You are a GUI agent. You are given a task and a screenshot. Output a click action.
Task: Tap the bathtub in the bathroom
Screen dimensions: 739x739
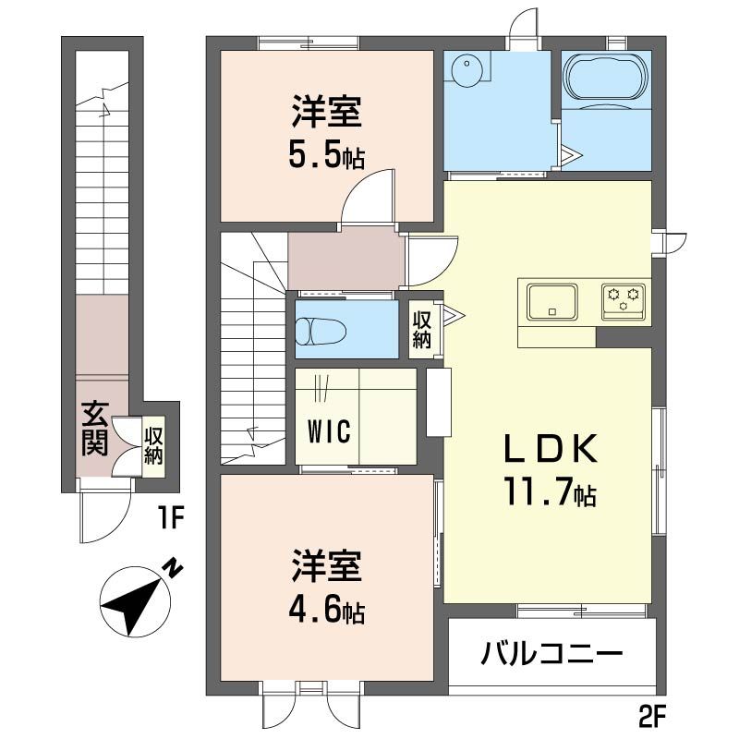click(606, 77)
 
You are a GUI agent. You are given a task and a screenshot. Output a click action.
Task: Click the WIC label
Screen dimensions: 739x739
click(328, 432)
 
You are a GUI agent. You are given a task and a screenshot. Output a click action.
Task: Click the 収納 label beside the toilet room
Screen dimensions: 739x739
click(422, 330)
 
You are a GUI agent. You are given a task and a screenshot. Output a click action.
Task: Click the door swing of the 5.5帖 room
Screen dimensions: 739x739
click(369, 196)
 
